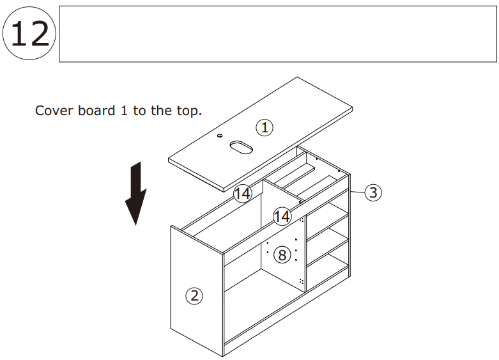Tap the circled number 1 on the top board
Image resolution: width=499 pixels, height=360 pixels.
tap(265, 127)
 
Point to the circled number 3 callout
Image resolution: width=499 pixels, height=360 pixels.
tap(374, 192)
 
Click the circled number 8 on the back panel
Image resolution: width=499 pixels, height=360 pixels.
tap(282, 255)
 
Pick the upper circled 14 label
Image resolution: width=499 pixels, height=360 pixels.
tap(242, 193)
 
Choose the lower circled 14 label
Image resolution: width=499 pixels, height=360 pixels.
tap(282, 217)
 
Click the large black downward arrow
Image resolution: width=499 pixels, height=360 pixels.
tap(135, 193)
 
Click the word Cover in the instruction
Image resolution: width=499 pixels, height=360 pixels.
tap(54, 111)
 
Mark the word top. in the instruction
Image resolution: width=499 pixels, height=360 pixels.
tap(188, 111)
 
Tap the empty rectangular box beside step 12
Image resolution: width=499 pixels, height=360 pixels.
tap(277, 34)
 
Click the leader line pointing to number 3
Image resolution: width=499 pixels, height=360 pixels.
tap(357, 191)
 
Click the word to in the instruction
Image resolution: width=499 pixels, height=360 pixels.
tap(139, 111)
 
